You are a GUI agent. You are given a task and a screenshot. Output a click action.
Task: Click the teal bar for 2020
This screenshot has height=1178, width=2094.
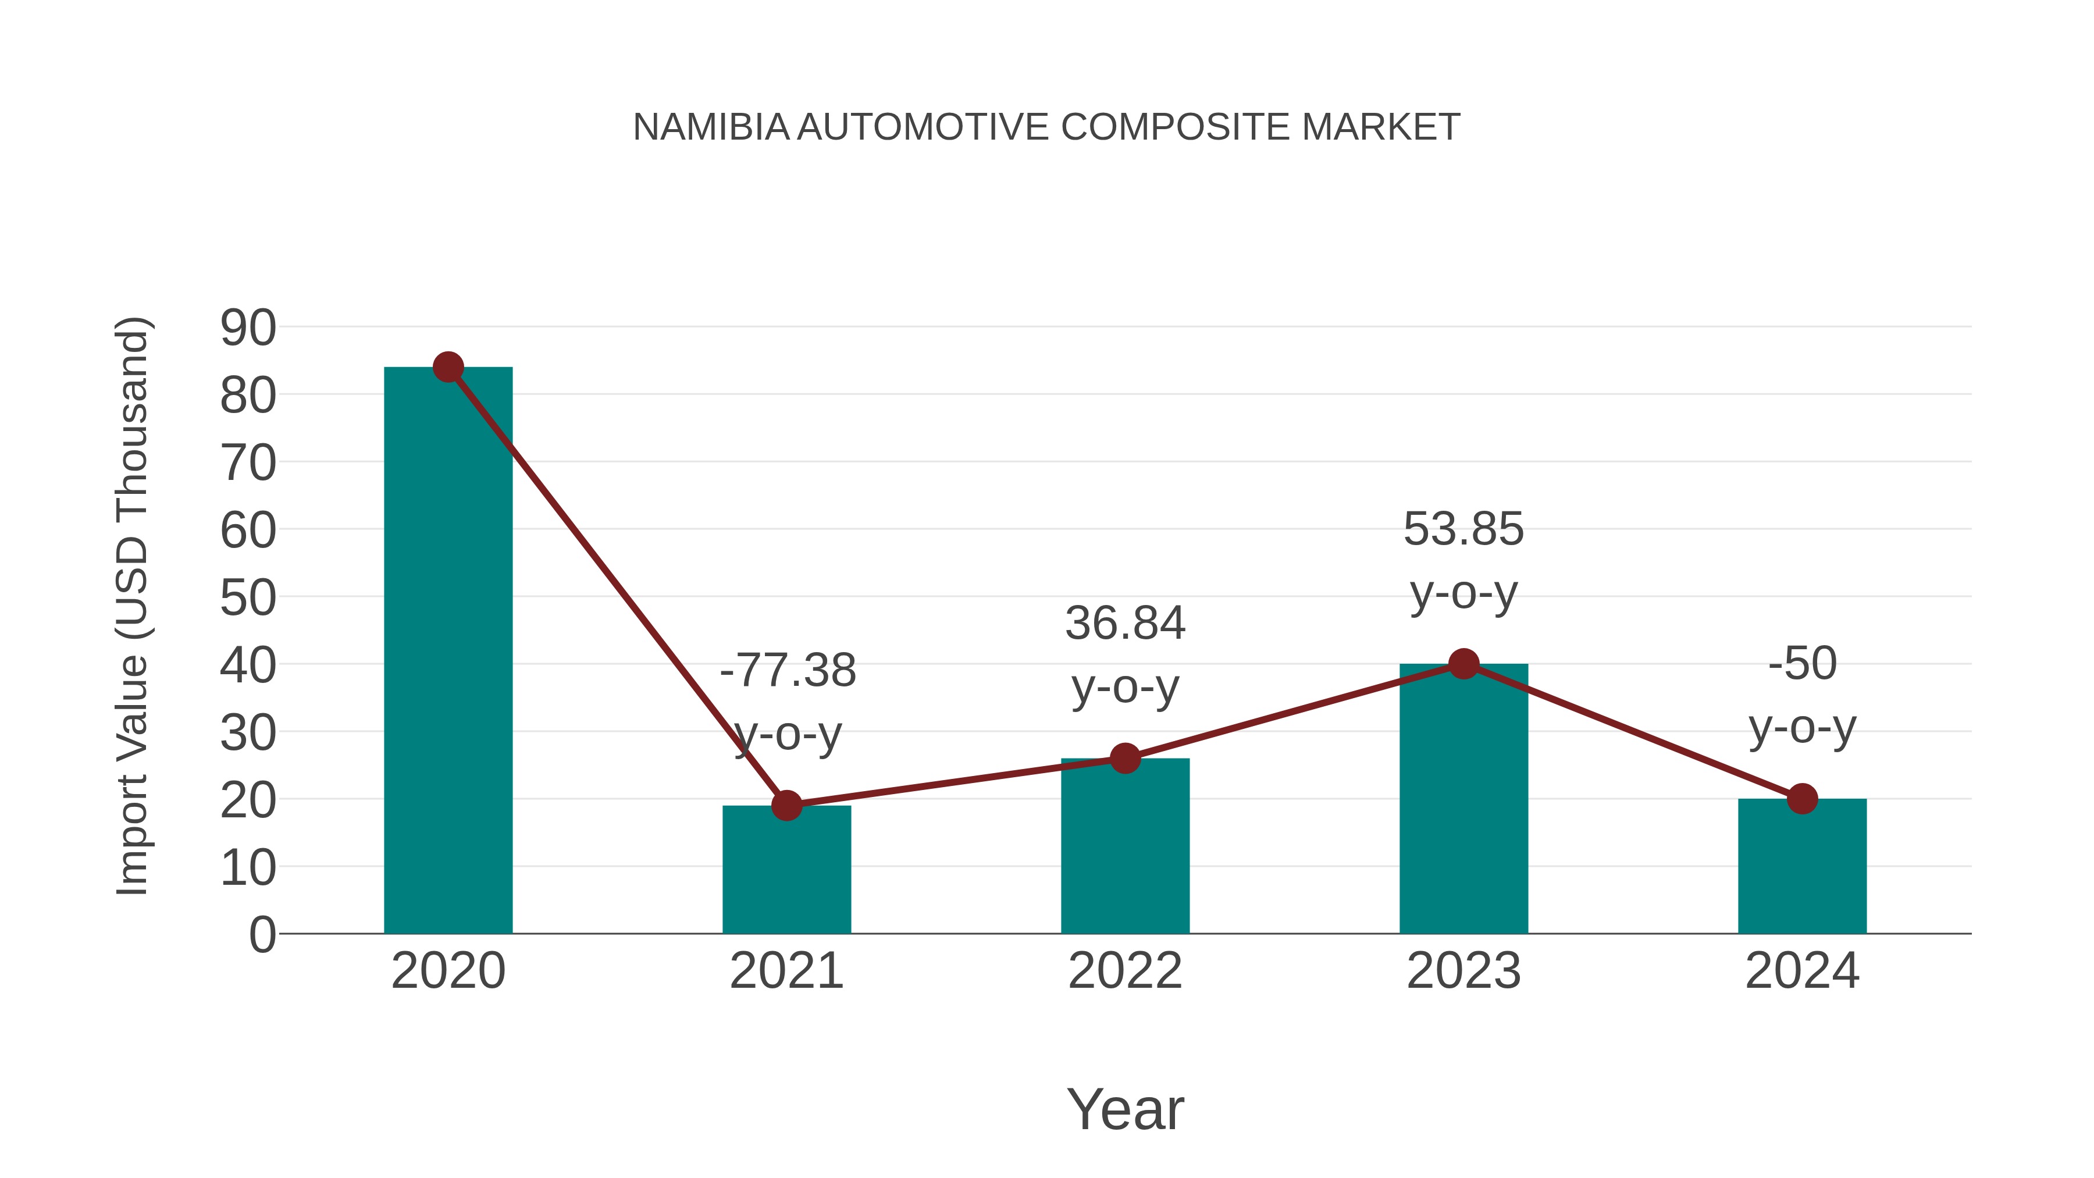[x=448, y=650]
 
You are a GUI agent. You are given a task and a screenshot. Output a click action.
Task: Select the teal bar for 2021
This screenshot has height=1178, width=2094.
[x=786, y=869]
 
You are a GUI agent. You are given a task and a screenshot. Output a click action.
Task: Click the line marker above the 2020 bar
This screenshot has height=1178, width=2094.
[x=448, y=368]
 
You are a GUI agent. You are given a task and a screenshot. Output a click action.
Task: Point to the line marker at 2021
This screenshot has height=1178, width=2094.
[x=786, y=806]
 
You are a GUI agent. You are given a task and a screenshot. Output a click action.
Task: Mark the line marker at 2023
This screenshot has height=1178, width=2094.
[x=1463, y=664]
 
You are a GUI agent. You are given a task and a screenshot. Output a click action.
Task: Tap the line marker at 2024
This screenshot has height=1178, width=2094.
[x=1802, y=799]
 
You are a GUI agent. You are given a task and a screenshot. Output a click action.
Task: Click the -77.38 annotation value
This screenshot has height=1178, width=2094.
[x=788, y=671]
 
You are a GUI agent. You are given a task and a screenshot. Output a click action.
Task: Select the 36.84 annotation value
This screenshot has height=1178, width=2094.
[x=1125, y=624]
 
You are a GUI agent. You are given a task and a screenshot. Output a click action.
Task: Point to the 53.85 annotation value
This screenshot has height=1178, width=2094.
[x=1463, y=529]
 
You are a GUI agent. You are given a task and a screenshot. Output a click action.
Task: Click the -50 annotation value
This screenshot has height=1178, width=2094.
[x=1802, y=663]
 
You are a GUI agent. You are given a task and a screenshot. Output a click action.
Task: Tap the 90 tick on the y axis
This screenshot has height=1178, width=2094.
[x=248, y=329]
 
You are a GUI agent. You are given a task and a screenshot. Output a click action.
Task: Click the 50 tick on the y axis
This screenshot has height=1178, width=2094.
[x=248, y=599]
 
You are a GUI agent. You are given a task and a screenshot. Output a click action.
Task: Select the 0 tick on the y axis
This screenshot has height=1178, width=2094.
[x=262, y=935]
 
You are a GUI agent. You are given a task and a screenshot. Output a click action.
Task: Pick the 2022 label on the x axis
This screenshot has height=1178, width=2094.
[x=1125, y=971]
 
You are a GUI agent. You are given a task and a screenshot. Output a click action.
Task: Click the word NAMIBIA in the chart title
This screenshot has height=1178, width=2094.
[x=710, y=127]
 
